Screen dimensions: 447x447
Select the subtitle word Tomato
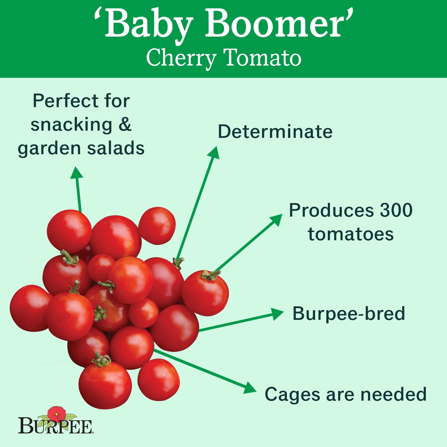(262, 58)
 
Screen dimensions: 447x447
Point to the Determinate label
(275, 131)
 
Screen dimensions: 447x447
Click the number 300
(396, 210)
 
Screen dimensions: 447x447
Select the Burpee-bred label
(349, 313)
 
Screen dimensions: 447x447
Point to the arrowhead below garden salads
(77, 173)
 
